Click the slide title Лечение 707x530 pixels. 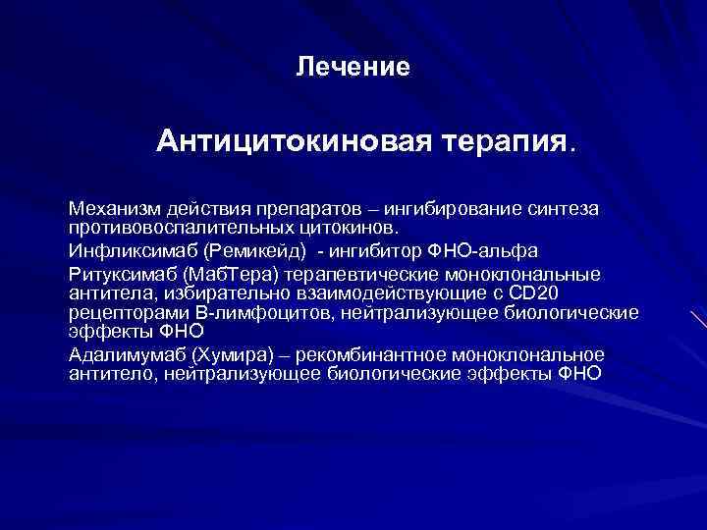353,68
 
